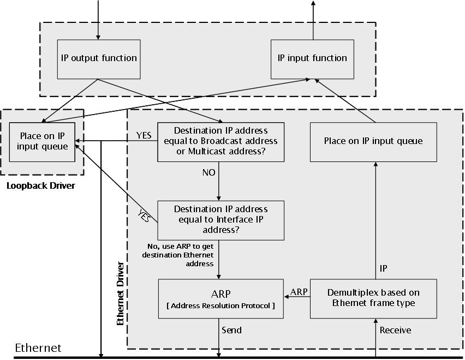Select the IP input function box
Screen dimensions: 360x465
click(312, 58)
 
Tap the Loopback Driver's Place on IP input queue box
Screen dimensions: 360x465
click(43, 142)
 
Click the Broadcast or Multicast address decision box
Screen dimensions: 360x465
click(220, 141)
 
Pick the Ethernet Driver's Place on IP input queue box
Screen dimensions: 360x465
click(373, 141)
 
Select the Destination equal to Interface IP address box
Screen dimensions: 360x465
click(220, 220)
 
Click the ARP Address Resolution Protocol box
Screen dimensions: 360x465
click(220, 298)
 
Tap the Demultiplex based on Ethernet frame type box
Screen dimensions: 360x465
click(373, 298)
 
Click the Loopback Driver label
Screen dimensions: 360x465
click(40, 186)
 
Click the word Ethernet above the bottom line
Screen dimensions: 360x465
click(38, 348)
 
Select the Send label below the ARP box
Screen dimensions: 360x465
click(231, 330)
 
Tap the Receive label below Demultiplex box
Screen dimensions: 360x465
click(395, 330)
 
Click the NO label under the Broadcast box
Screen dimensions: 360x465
click(208, 172)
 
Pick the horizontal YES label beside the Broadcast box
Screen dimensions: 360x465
click(144, 135)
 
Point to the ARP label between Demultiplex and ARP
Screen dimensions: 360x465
click(299, 292)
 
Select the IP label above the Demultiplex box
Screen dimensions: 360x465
click(384, 268)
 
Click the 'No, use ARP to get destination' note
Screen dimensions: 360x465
click(178, 255)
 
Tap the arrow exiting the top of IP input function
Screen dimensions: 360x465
click(313, 19)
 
